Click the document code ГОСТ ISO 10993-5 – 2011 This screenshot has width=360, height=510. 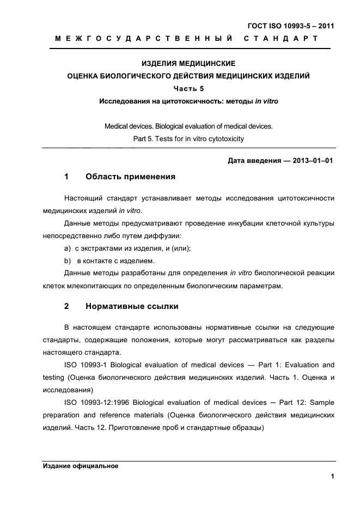[x=291, y=26]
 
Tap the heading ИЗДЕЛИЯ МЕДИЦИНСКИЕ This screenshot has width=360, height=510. [x=188, y=64]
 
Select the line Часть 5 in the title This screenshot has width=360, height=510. [x=188, y=89]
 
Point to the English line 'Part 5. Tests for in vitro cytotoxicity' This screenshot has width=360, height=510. [x=188, y=138]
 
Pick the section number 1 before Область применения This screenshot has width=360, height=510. [x=66, y=177]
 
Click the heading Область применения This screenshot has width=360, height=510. [x=130, y=177]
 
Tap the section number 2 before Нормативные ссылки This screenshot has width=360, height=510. [x=66, y=306]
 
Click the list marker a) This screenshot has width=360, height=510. [x=68, y=248]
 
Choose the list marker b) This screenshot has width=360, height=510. [x=68, y=260]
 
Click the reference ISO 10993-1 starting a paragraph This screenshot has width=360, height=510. [x=87, y=365]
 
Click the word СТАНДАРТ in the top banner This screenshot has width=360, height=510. [x=281, y=39]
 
